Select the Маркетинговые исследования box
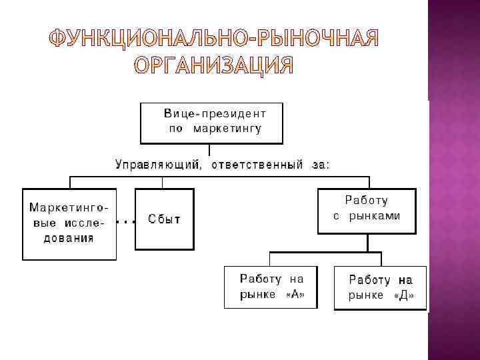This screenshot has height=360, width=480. click(x=70, y=223)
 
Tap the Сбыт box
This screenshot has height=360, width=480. click(x=164, y=219)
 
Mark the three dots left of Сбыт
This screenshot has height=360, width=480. click(x=125, y=219)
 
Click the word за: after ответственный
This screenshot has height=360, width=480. click(x=319, y=165)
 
